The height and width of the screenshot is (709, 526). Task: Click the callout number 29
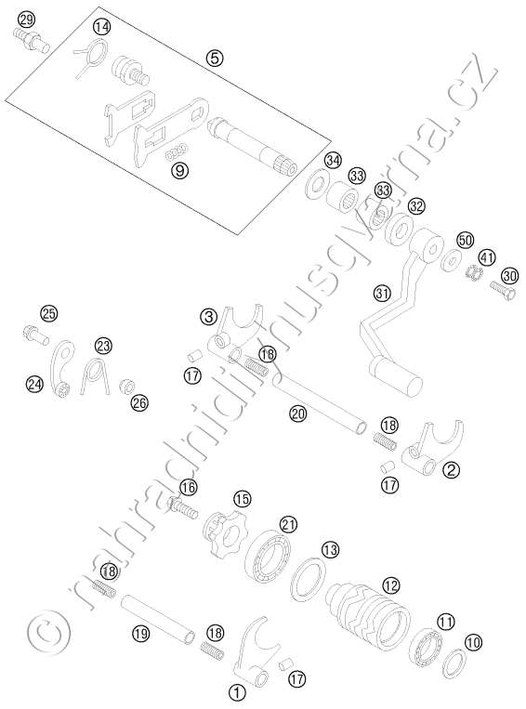tap(26, 20)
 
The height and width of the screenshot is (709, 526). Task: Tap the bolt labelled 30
tap(503, 289)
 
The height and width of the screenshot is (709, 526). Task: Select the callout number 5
tap(215, 58)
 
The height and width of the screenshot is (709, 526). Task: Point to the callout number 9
tap(179, 170)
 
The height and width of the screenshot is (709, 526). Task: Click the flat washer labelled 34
tap(318, 185)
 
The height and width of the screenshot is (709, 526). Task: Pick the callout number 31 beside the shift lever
tap(382, 293)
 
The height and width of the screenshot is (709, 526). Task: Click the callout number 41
tap(487, 258)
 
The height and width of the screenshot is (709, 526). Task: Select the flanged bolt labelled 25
tap(34, 335)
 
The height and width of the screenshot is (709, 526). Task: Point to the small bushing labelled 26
tap(126, 387)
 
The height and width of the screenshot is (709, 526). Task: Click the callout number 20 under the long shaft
tap(298, 414)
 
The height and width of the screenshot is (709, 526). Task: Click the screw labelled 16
tap(183, 506)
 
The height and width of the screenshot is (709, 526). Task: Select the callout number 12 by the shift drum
tap(390, 585)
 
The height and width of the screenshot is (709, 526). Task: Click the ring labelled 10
tap(453, 664)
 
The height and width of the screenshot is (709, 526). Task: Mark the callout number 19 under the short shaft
tap(141, 634)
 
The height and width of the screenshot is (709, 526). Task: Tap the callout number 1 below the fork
tap(237, 691)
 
